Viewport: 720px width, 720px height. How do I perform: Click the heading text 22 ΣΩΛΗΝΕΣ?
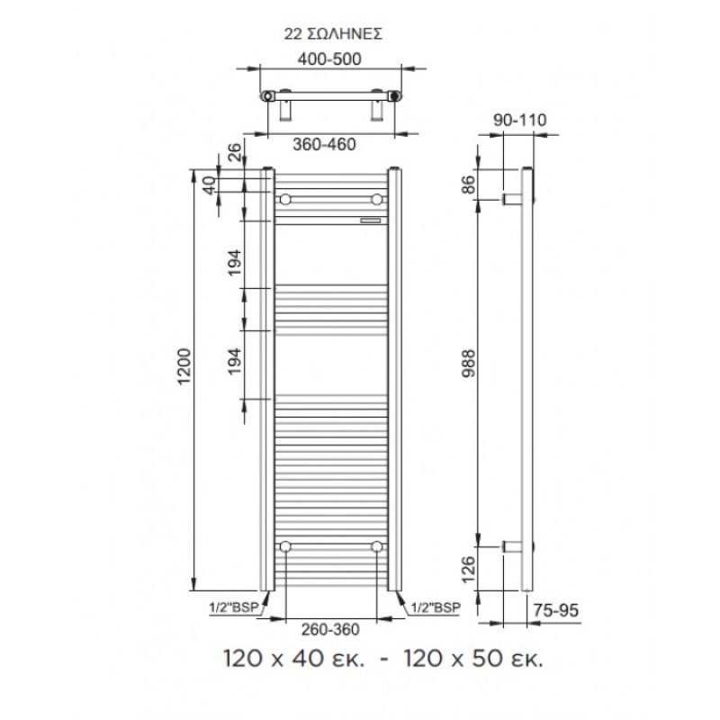[333, 34]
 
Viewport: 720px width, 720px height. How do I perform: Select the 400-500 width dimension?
[329, 58]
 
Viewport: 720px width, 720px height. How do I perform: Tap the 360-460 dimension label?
[324, 144]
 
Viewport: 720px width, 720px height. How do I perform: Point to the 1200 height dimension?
[184, 366]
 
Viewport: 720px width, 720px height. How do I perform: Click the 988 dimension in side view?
[469, 363]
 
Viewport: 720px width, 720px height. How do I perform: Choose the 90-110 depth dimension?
[520, 120]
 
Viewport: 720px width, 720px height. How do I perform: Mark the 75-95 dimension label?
[556, 610]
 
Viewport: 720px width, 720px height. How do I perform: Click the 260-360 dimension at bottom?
[330, 629]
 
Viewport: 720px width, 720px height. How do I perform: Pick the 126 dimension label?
[467, 569]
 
